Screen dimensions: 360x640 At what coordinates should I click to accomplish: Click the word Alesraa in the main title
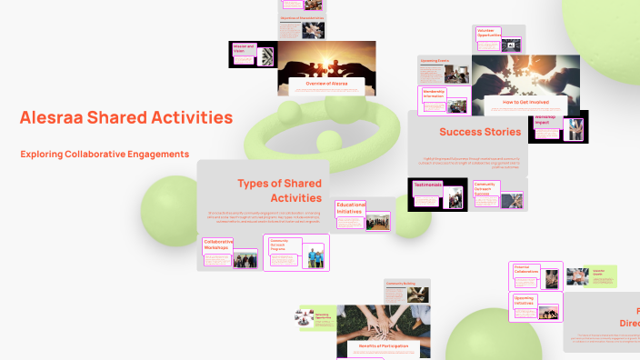click(50, 118)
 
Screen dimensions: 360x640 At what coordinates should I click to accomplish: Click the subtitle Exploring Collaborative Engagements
click(105, 154)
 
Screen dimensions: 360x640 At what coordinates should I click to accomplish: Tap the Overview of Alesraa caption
click(328, 84)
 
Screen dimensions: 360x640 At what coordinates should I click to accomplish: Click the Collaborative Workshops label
click(218, 245)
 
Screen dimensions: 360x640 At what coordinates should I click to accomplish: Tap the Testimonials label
click(428, 185)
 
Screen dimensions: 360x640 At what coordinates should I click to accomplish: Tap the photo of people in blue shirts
click(314, 258)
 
